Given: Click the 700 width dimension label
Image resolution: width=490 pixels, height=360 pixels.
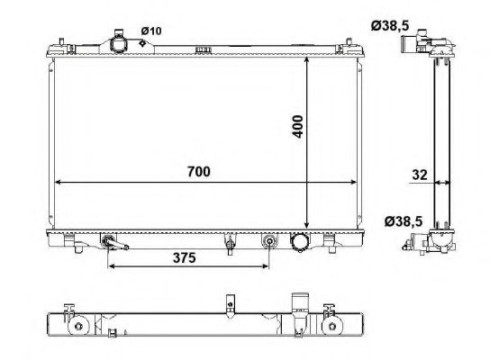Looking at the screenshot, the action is coord(199,171).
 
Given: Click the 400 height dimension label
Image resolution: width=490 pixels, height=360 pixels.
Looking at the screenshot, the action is coord(298,127).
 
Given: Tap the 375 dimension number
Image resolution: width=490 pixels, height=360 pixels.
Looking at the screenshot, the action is coord(185,258).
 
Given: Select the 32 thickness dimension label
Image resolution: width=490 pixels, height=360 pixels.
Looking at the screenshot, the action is coord(420,175).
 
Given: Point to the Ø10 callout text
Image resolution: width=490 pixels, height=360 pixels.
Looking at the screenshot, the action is coord(151,31).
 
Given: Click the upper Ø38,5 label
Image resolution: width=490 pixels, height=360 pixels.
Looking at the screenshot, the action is coord(390,26).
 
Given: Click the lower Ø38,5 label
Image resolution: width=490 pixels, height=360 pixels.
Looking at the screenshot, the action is coord(404,221).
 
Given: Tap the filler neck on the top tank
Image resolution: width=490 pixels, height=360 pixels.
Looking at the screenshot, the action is coord(118,42).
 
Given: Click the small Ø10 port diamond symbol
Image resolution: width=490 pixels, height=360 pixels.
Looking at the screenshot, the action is coord(142,43).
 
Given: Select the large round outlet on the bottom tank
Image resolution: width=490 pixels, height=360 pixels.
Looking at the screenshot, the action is coord(300,242).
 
